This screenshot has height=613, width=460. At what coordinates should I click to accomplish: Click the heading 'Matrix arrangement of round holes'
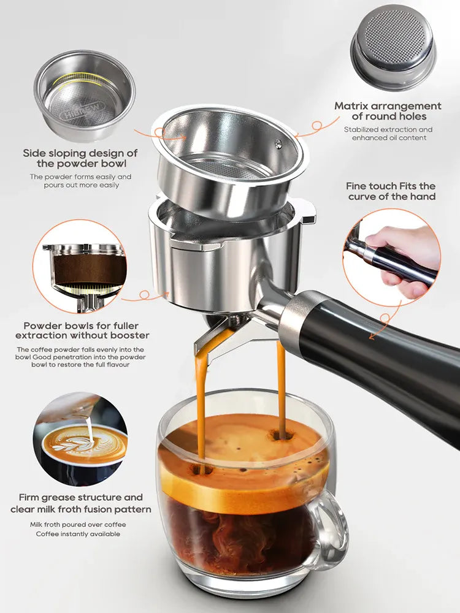click(x=388, y=111)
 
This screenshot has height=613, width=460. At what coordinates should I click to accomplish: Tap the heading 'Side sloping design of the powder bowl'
click(x=80, y=158)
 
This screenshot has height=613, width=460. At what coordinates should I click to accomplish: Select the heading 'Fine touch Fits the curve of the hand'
click(x=391, y=191)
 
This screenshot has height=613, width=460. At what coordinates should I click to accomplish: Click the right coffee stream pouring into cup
click(x=281, y=386)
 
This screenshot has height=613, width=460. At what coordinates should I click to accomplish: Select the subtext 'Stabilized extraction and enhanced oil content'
click(x=388, y=134)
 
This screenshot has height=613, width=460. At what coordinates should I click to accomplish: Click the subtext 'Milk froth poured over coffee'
click(x=77, y=525)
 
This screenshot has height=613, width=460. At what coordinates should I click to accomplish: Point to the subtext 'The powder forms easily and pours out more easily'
click(x=80, y=181)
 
